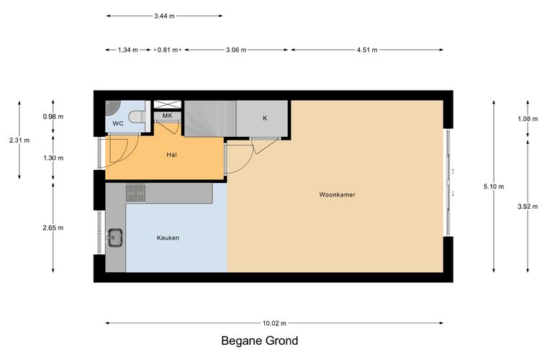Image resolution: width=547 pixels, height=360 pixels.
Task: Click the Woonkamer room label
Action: pyautogui.click(x=337, y=194)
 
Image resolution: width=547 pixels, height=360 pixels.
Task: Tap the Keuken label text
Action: pyautogui.click(x=168, y=238)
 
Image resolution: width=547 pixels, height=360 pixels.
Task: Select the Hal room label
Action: pyautogui.click(x=171, y=155)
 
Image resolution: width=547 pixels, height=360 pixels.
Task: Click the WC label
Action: pyautogui.click(x=118, y=124)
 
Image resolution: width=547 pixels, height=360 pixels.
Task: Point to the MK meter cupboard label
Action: pyautogui.click(x=168, y=115)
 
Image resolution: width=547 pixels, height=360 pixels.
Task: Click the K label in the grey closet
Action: pyautogui.click(x=265, y=118)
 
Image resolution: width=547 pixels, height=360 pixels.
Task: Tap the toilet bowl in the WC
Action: pyautogui.click(x=137, y=117)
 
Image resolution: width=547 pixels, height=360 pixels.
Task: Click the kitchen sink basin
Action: pyautogui.click(x=114, y=237)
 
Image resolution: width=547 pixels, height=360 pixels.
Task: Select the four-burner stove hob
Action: pyautogui.click(x=136, y=193)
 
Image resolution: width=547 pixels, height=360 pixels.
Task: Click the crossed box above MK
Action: pyautogui.click(x=168, y=104)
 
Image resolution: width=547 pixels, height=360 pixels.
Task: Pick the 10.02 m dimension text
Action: pyautogui.click(x=274, y=323)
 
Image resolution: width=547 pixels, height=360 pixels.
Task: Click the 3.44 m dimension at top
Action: pyautogui.click(x=164, y=16)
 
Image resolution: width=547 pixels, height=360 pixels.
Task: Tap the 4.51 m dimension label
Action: pyautogui.click(x=366, y=50)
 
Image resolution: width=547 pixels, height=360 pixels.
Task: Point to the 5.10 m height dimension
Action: pyautogui.click(x=494, y=186)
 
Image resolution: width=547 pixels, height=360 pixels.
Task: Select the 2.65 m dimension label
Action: pyautogui.click(x=53, y=228)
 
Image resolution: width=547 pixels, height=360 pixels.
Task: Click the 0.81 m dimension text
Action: pyautogui.click(x=168, y=50)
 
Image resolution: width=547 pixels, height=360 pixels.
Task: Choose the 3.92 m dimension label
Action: pyautogui.click(x=528, y=207)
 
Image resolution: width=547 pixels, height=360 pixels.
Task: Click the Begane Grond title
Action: pyautogui.click(x=260, y=341)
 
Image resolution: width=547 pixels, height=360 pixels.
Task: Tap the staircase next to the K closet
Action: pyautogui.click(x=210, y=119)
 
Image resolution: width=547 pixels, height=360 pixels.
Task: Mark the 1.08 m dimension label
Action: pyautogui.click(x=528, y=119)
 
